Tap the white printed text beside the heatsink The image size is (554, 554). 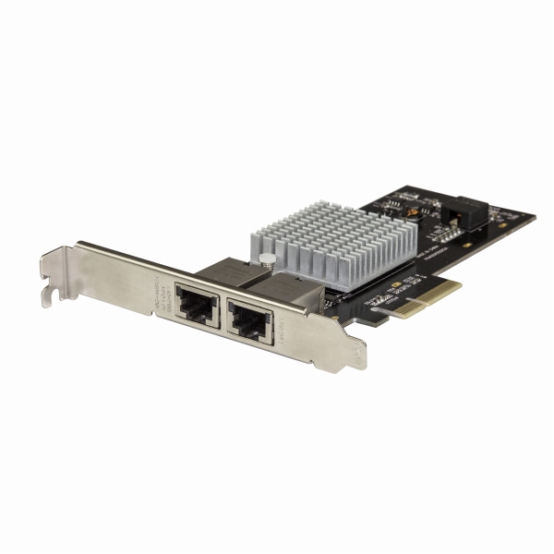coord(421,247)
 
